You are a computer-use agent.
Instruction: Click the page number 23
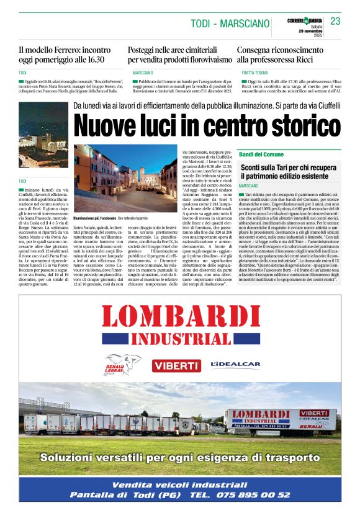tap(336, 21)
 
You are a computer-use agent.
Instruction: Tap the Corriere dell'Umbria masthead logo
tap(305, 21)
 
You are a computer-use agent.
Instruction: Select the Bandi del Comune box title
tap(261, 154)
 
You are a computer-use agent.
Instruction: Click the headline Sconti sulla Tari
tap(290, 172)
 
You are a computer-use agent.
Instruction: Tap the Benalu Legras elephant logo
tap(124, 363)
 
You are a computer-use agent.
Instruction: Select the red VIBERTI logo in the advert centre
tap(177, 365)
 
